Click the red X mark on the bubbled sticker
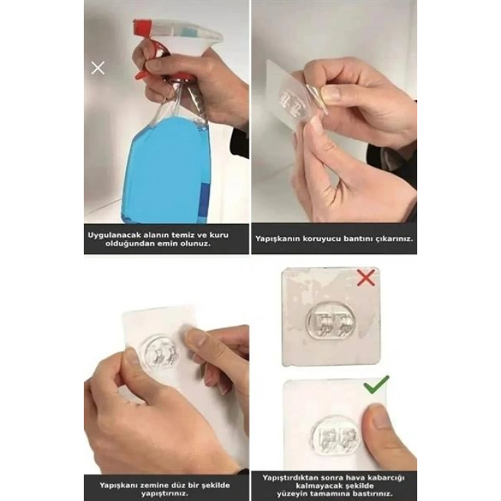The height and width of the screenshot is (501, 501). tap(366, 278)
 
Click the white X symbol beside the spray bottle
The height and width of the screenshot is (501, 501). tap(98, 68)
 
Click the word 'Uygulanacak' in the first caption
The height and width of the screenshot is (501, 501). tap(116, 235)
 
